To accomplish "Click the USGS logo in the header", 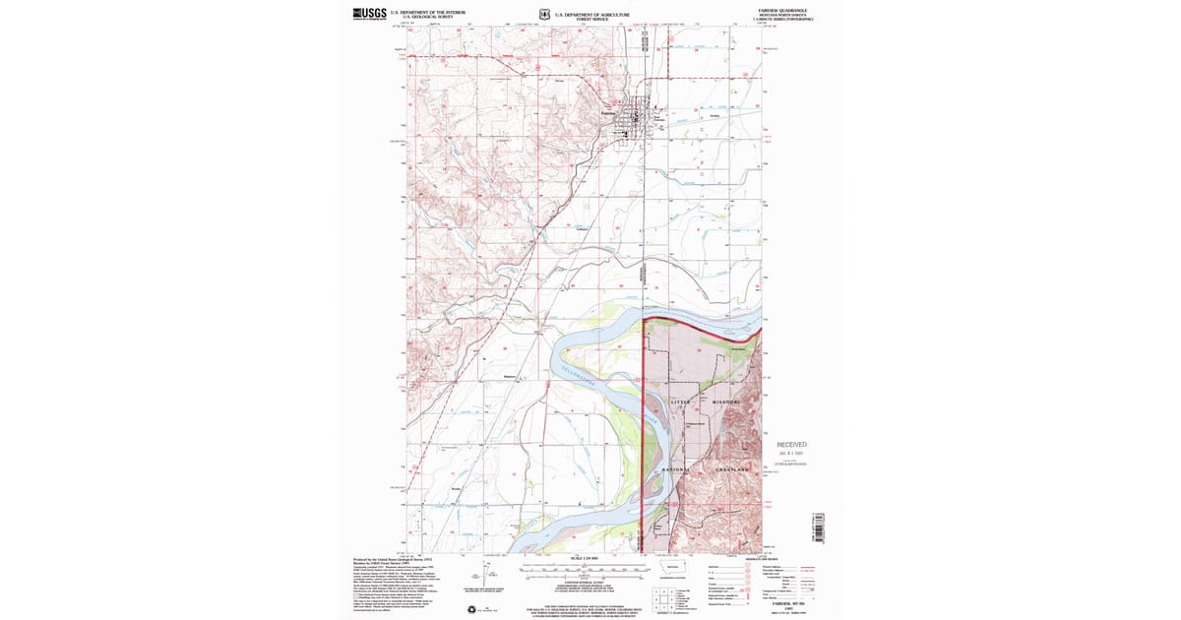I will click(x=369, y=13).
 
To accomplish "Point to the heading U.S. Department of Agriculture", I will click(x=591, y=14).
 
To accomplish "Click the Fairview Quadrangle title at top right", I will click(x=782, y=10).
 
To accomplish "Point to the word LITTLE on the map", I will click(x=682, y=403).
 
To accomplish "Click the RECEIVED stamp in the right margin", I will click(x=791, y=445).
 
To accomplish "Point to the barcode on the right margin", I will click(x=816, y=527).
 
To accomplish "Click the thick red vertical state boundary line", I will click(x=643, y=423).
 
